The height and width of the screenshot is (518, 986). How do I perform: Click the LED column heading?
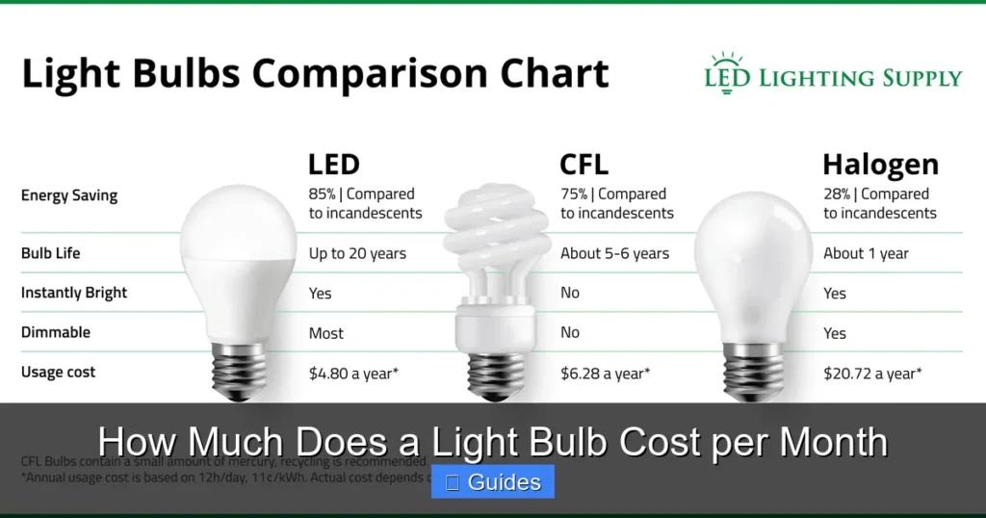pyautogui.click(x=333, y=165)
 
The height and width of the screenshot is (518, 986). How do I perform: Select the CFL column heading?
pyautogui.click(x=584, y=165)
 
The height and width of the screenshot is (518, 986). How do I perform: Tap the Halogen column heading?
pyautogui.click(x=880, y=165)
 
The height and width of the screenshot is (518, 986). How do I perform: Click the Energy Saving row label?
pyautogui.click(x=69, y=195)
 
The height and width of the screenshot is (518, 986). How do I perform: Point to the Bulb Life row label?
pyautogui.click(x=50, y=254)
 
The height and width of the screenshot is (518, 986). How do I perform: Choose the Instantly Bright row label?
pyautogui.click(x=74, y=293)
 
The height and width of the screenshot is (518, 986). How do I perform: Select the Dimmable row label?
pyautogui.click(x=56, y=332)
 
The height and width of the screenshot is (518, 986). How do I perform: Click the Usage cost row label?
pyautogui.click(x=58, y=372)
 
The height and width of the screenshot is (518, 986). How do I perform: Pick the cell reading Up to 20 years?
pyautogui.click(x=357, y=254)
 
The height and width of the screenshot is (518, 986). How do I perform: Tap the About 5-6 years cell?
pyautogui.click(x=614, y=254)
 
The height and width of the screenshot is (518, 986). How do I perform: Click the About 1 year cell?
pyautogui.click(x=866, y=254)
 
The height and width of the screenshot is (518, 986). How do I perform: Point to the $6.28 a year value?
pyautogui.click(x=605, y=373)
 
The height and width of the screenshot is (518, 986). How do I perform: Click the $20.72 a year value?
pyautogui.click(x=872, y=373)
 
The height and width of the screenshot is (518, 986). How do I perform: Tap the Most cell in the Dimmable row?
pyautogui.click(x=326, y=333)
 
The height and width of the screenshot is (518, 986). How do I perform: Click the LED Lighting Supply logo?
pyautogui.click(x=833, y=74)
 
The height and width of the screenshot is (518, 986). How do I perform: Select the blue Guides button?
pyautogui.click(x=492, y=482)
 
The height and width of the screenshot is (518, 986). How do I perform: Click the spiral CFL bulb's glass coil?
pyautogui.click(x=493, y=241)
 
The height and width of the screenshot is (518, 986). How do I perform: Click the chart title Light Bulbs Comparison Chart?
pyautogui.click(x=316, y=75)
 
